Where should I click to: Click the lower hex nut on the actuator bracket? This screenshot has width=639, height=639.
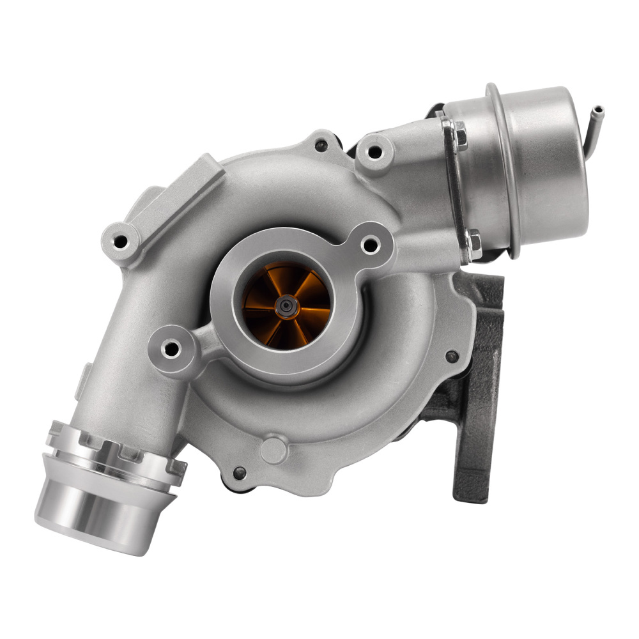click(x=474, y=244)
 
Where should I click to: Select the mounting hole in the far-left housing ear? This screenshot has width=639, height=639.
click(x=119, y=241)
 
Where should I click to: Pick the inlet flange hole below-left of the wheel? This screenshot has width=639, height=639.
click(x=170, y=349)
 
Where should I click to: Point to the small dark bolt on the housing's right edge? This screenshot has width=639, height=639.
click(x=451, y=356)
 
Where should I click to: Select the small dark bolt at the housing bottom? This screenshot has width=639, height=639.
click(x=240, y=473)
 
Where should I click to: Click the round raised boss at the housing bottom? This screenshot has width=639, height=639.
click(x=274, y=449)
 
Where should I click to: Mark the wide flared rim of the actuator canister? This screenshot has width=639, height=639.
click(x=502, y=169)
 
